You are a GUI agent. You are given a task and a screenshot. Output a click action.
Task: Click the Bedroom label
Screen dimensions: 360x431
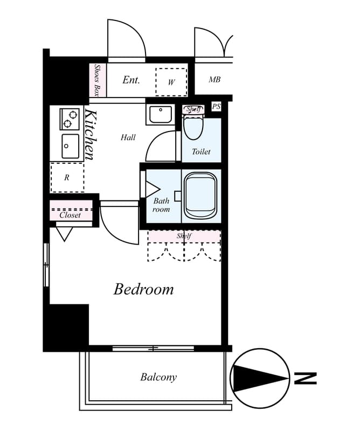pyautogui.click(x=143, y=289)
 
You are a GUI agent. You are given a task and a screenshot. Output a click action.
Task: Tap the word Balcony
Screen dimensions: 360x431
pyautogui.click(x=158, y=377)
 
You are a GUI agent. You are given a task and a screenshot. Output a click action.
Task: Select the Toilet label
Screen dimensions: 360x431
pyautogui.click(x=201, y=151)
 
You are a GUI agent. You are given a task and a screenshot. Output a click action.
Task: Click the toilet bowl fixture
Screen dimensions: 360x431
pyautogui.click(x=193, y=127)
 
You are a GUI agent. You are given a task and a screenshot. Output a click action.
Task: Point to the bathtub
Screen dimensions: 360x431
pyautogui.click(x=200, y=196)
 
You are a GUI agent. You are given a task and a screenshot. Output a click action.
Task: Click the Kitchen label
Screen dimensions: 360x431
pyautogui.click(x=91, y=135)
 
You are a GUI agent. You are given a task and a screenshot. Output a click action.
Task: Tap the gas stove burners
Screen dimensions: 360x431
pyautogui.click(x=70, y=119)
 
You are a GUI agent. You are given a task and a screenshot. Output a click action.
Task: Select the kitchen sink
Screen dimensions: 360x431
pyautogui.click(x=71, y=146)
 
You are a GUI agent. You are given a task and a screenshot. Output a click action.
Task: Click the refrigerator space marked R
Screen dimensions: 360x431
pyautogui.click(x=67, y=178)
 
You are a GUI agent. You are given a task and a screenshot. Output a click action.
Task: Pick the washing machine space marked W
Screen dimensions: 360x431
pyautogui.click(x=171, y=82)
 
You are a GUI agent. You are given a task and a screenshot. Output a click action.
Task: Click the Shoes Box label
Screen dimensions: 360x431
pyautogui.click(x=96, y=80)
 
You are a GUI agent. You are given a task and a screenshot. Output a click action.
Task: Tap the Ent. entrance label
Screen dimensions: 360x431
pyautogui.click(x=131, y=80)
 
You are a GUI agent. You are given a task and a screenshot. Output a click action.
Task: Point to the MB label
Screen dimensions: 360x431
pyautogui.click(x=214, y=79)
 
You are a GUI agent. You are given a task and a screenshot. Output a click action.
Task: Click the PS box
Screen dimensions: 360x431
pyautogui.click(x=216, y=106)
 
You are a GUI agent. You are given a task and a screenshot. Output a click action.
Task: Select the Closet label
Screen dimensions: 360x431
pyautogui.click(x=70, y=215)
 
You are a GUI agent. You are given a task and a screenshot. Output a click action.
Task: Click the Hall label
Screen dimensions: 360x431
pyautogui.click(x=128, y=137)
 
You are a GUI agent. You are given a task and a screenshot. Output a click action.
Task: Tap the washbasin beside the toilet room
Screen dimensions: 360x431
pyautogui.click(x=161, y=114)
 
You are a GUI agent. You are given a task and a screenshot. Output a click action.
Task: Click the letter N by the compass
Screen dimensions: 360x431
pyautogui.click(x=306, y=379)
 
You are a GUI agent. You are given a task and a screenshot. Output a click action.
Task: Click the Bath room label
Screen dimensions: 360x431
pyautogui.click(x=161, y=205)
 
